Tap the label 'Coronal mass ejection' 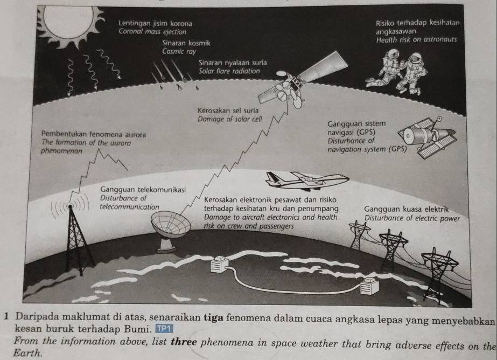tap(152, 32)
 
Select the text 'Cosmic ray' tap(179, 51)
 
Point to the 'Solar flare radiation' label tap(229, 71)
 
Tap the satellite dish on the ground tap(170, 230)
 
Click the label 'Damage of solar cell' tap(230, 119)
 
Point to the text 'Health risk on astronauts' tap(416, 40)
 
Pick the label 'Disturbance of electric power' tap(412, 218)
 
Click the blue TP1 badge tap(164, 329)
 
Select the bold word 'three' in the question tap(184, 342)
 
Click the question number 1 tap(7, 316)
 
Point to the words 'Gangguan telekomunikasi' tap(143, 190)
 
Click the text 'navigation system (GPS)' tap(367, 149)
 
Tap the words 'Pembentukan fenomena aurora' tap(94, 135)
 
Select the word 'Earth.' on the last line tap(27, 353)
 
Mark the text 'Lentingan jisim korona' tap(155, 24)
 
